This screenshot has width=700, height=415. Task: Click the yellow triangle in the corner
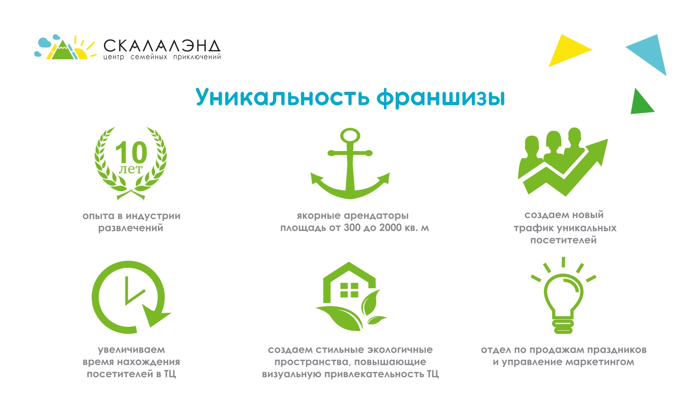coord(566,51)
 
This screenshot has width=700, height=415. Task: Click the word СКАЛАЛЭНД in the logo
coord(162,46)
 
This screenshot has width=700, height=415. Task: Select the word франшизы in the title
coord(441,97)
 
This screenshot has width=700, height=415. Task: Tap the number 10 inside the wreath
coord(131,153)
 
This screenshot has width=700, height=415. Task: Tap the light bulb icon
coord(564,299)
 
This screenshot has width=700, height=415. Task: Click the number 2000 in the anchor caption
coord(390,228)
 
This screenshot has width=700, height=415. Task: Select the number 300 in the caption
coord(352,228)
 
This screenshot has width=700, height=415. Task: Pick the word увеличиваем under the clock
coord(131,350)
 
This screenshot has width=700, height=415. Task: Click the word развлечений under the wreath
coord(131,228)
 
